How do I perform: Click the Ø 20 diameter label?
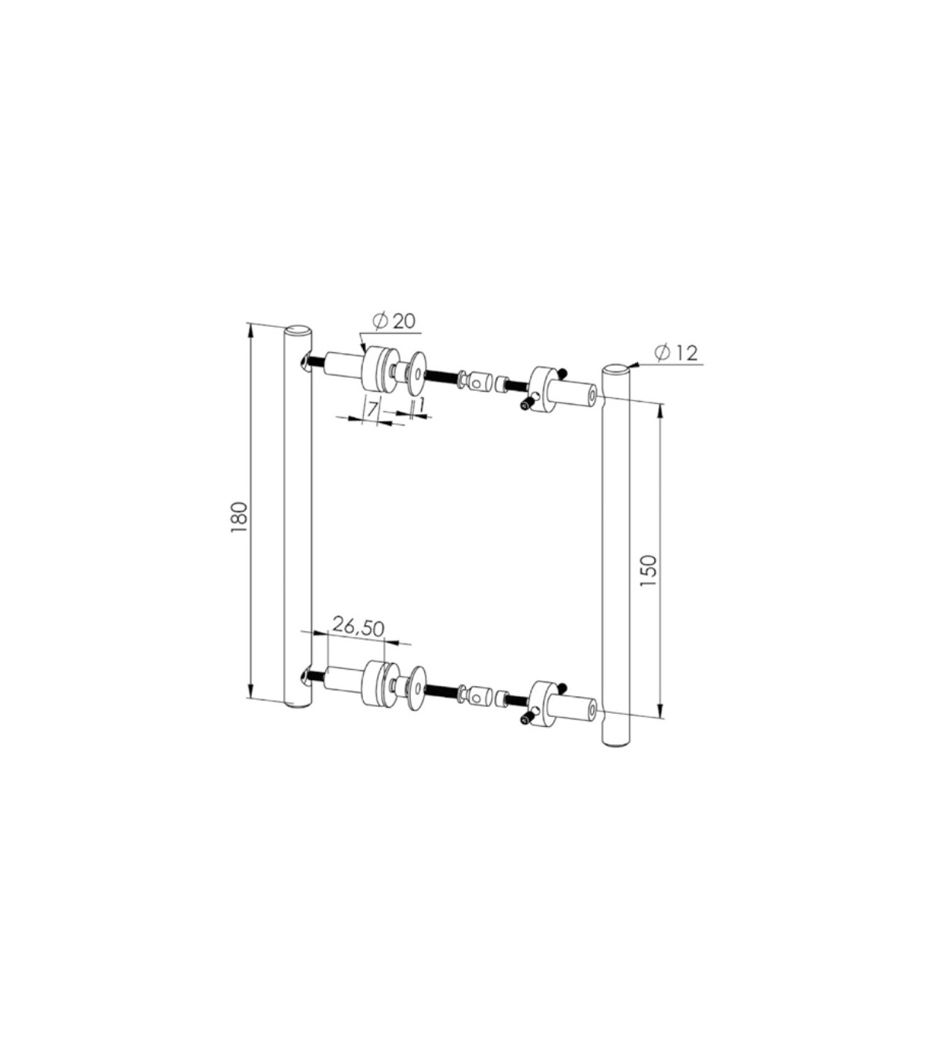(393, 321)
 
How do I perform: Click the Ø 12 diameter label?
(676, 353)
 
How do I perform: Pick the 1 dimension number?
(422, 407)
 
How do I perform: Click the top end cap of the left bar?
(298, 330)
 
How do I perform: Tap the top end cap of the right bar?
(616, 369)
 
